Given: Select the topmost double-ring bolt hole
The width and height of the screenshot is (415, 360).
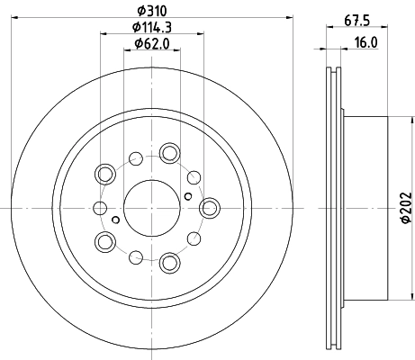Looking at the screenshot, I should [168, 153].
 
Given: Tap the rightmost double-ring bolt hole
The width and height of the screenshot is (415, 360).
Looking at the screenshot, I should [210, 208].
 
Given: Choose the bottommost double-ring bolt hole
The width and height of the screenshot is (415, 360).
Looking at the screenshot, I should [168, 263].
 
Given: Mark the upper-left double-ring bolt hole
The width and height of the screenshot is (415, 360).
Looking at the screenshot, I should [105, 173].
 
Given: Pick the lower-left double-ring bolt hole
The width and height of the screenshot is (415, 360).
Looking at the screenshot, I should [105, 241].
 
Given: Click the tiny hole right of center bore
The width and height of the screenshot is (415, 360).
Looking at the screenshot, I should [186, 195].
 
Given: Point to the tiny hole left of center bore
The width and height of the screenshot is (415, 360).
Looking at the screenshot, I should [117, 219].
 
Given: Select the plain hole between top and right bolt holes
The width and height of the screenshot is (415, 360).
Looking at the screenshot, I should [194, 175].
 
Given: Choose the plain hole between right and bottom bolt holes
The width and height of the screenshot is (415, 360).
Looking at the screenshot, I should [194, 240].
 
